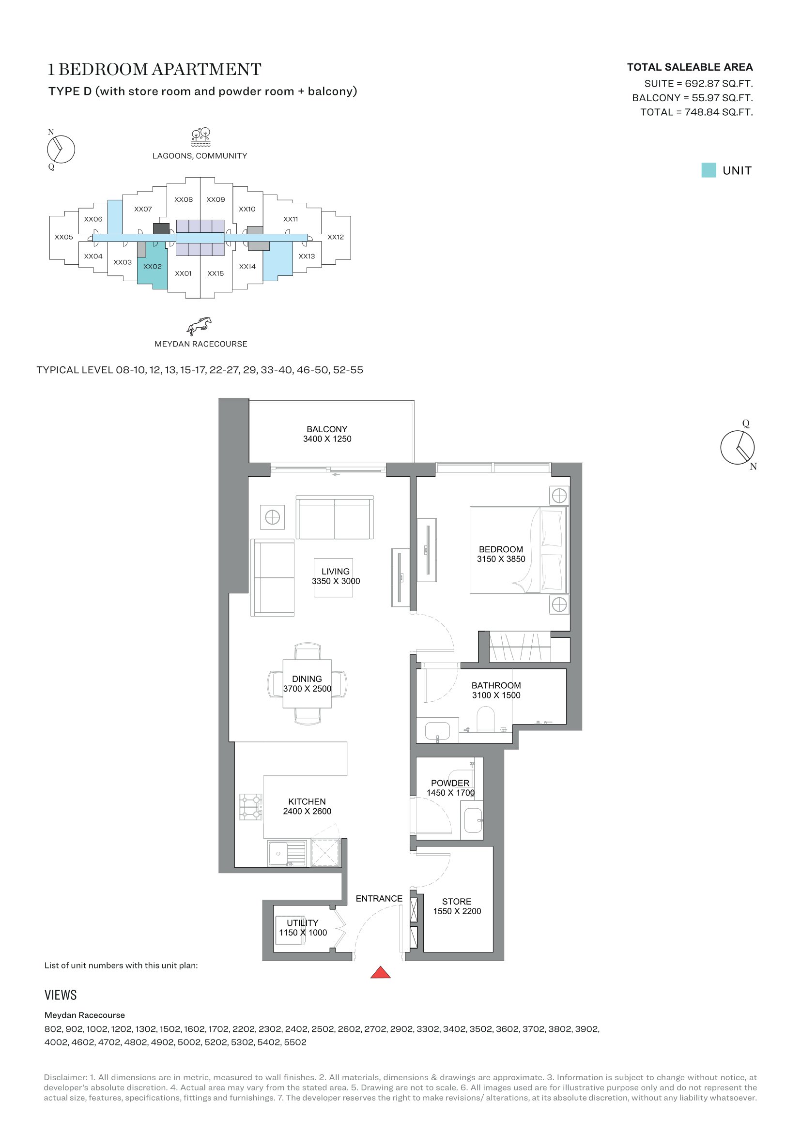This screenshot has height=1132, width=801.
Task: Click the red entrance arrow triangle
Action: pyautogui.click(x=380, y=973)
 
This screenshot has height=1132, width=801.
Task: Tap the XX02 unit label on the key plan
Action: pyautogui.click(x=153, y=267)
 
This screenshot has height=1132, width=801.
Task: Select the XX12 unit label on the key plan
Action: pyautogui.click(x=336, y=237)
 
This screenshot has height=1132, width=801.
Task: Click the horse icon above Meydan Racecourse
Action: pyautogui.click(x=199, y=326)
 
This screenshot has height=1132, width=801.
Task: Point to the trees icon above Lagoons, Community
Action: pyautogui.click(x=201, y=137)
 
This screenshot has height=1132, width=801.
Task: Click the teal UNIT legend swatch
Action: pyautogui.click(x=709, y=170)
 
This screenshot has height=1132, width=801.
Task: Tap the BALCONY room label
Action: pyautogui.click(x=327, y=429)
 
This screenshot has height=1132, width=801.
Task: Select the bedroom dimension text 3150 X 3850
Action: pyautogui.click(x=501, y=559)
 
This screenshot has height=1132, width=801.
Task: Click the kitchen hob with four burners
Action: pyautogui.click(x=250, y=807)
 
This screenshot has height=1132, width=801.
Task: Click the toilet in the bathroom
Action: pyautogui.click(x=486, y=719)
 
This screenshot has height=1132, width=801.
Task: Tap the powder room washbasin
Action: pyautogui.click(x=473, y=820)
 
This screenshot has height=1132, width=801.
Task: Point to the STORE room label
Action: pyautogui.click(x=456, y=902)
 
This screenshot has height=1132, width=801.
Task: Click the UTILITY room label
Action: pyautogui.click(x=302, y=923)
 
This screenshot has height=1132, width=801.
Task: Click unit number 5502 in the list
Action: pyautogui.click(x=295, y=1042)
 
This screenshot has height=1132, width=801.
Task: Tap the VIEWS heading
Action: pyautogui.click(x=61, y=995)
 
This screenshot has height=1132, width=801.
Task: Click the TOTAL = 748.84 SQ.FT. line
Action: pyautogui.click(x=696, y=112)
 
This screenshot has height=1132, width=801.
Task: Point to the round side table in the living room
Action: pyautogui.click(x=272, y=517)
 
